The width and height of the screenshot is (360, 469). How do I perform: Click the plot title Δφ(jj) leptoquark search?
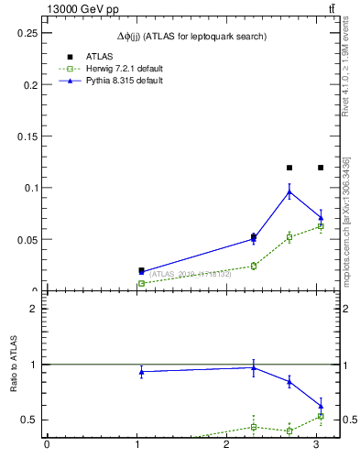(193, 36)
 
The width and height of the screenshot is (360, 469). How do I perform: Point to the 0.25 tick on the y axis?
(27, 33)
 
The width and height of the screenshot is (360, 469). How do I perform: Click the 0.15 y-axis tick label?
(27, 136)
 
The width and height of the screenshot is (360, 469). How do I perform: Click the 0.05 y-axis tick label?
(27, 240)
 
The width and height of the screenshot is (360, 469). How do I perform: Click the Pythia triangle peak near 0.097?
(289, 191)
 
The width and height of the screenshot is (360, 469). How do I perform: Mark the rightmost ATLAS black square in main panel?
(321, 168)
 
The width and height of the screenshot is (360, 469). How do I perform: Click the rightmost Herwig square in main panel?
(321, 226)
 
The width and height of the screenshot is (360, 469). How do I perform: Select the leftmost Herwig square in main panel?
(141, 284)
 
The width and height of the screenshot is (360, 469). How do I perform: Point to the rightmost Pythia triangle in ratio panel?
(321, 406)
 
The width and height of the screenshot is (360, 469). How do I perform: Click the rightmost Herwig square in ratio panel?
(321, 417)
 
